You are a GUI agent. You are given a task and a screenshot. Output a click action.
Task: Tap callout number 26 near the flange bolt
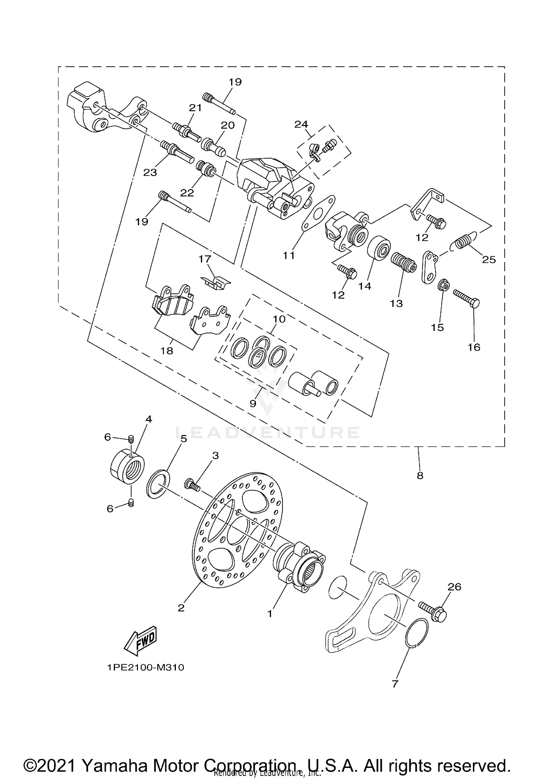click(454, 587)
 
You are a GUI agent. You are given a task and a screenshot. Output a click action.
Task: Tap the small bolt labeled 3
click(192, 485)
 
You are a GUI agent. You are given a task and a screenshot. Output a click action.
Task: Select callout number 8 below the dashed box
click(420, 475)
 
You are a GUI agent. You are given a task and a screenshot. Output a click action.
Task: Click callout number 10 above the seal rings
click(279, 319)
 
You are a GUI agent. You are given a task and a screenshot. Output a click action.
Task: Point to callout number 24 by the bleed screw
click(301, 124)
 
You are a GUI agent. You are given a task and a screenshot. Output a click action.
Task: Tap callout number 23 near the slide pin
click(150, 173)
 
